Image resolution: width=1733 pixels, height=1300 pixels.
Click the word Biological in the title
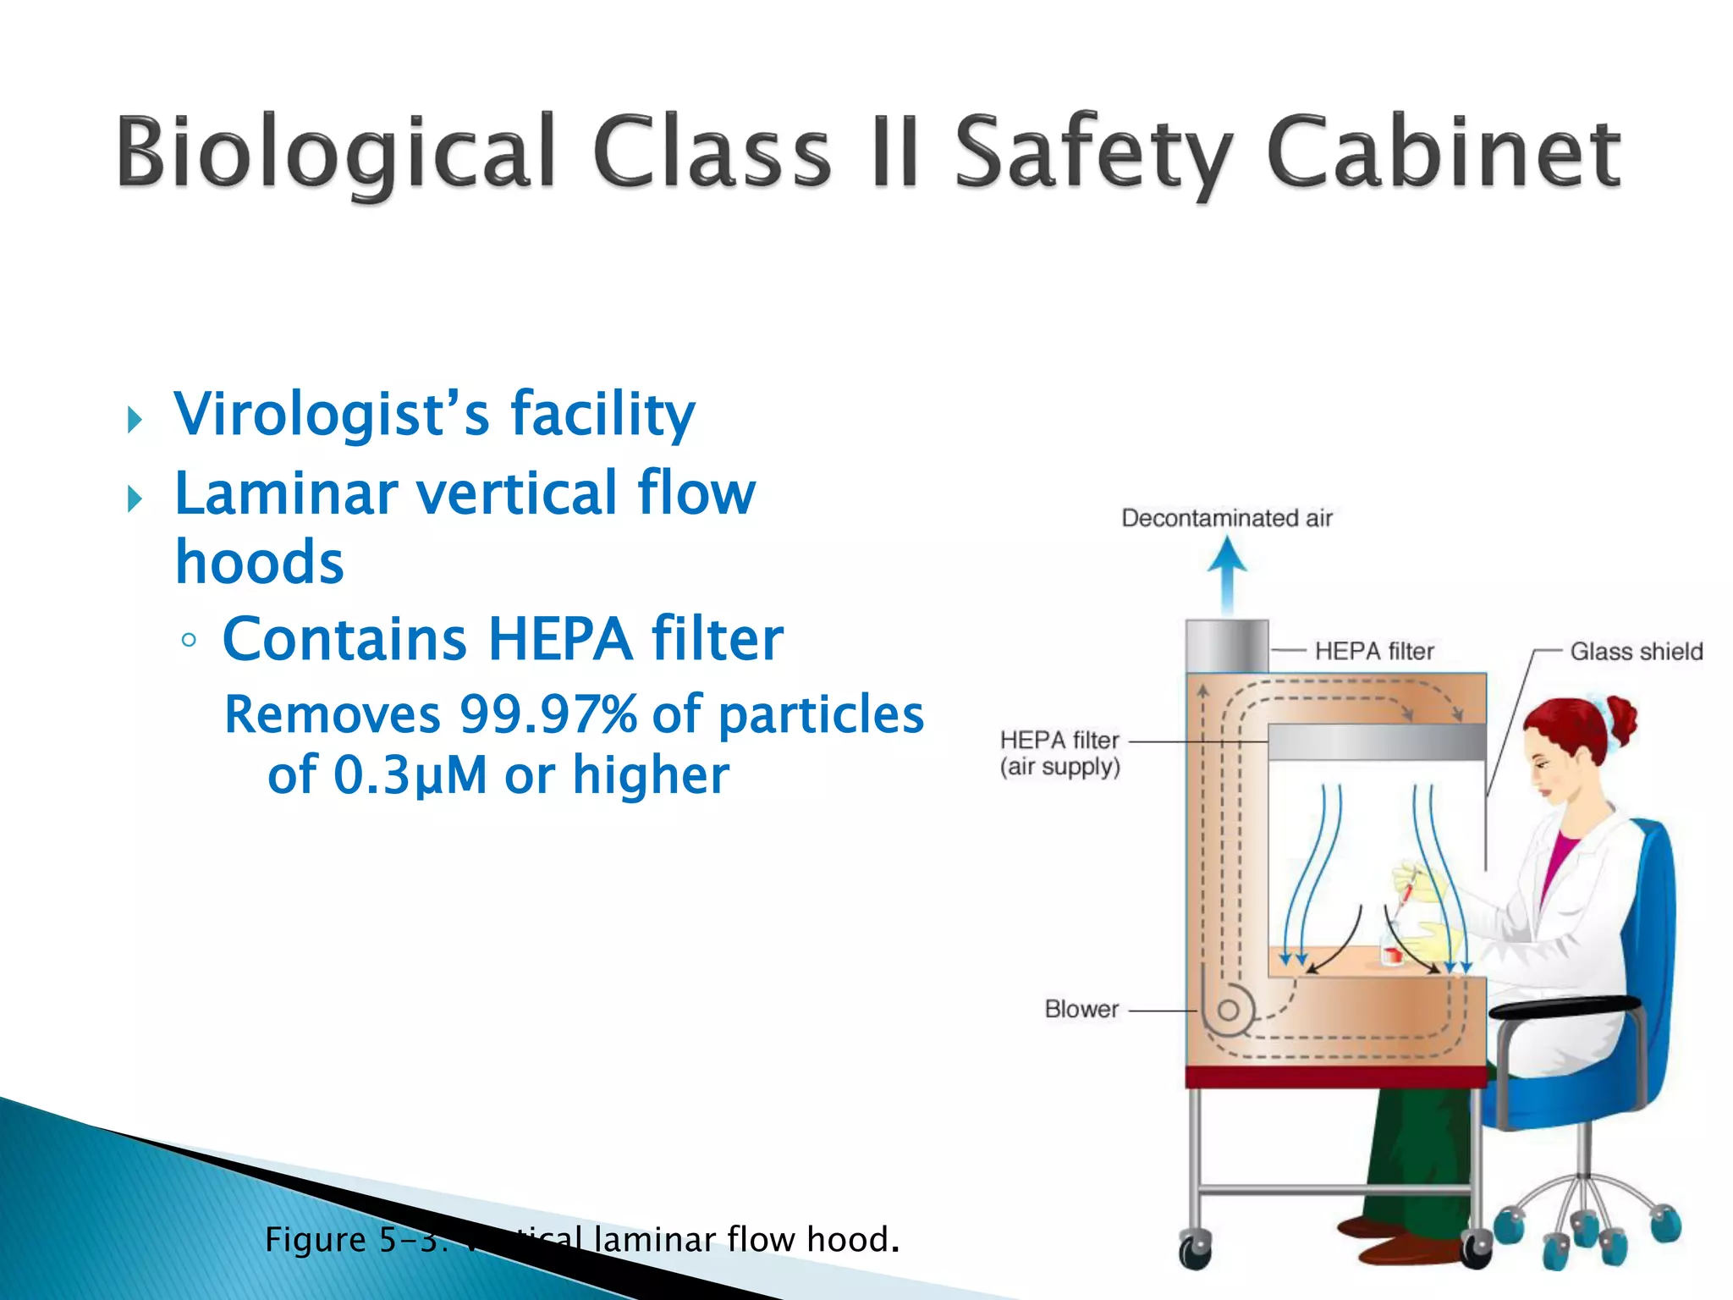click(x=335, y=152)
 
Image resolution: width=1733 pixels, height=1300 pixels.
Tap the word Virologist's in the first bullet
click(x=332, y=415)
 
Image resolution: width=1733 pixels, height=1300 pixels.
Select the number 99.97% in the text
click(x=548, y=714)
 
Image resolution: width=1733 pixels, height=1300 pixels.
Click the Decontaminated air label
click(x=1226, y=518)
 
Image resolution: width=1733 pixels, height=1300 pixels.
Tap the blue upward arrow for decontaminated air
click(x=1227, y=576)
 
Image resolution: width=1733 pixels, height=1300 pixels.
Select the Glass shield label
click(x=1636, y=652)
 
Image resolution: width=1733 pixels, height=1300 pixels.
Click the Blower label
click(x=1081, y=1009)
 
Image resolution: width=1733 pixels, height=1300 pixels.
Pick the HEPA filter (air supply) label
click(x=1059, y=753)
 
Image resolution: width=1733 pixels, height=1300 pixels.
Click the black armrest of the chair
click(x=1565, y=1007)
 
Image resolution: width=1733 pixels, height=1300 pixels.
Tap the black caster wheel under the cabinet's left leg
click(x=1196, y=1250)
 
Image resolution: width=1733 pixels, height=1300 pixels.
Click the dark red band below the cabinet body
click(x=1335, y=1077)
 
